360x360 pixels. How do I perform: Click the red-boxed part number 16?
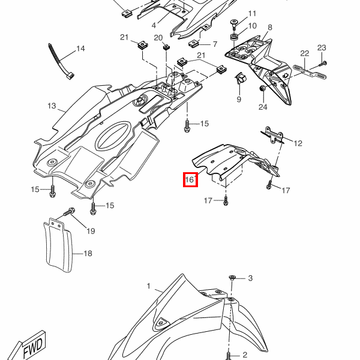[x=190, y=179]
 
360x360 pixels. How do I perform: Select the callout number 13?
[x=52, y=107]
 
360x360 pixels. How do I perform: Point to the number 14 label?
[x=80, y=49]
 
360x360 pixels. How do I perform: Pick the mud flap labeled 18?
[x=58, y=242]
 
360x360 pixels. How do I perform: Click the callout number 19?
[x=91, y=231]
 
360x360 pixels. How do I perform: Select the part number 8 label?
[x=269, y=28]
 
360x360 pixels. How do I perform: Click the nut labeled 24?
[x=262, y=89]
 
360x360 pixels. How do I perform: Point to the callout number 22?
[x=304, y=53]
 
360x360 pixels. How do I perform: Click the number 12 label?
[x=298, y=143]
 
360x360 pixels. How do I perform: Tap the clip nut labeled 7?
[x=194, y=44]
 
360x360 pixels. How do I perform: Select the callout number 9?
[x=238, y=99]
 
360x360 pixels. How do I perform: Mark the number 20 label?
[x=158, y=38]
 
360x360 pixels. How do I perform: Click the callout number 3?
[x=250, y=278]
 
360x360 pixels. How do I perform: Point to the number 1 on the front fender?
[x=149, y=287]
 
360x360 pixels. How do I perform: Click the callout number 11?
[x=251, y=13]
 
